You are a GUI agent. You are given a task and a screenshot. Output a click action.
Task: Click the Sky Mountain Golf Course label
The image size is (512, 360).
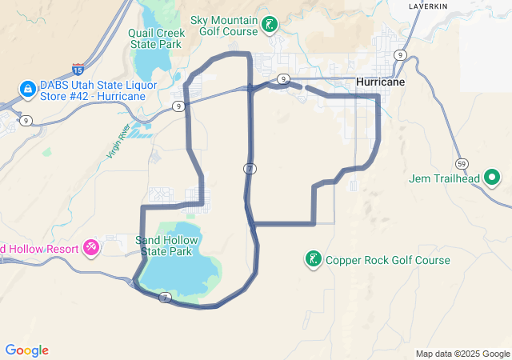click(x=224, y=25)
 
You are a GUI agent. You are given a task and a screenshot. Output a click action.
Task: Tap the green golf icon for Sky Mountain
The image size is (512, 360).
click(x=270, y=25)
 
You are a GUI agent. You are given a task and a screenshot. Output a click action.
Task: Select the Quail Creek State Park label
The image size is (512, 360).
click(x=157, y=38)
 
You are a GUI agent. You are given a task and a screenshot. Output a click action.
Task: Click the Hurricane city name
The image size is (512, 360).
click(x=380, y=82)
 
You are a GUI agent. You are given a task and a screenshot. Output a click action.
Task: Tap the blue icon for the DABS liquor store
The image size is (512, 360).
click(x=26, y=87)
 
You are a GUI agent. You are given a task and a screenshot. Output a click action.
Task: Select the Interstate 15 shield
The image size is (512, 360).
click(x=78, y=70)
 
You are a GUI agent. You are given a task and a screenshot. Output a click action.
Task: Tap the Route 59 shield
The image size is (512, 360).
click(x=461, y=163)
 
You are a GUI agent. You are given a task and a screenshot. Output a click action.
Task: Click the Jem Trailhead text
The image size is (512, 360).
click(x=443, y=178)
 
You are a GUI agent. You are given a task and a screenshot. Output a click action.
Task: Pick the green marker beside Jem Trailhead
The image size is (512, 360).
click(x=491, y=178)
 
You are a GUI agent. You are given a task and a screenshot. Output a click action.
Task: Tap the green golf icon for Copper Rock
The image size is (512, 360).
click(x=313, y=259)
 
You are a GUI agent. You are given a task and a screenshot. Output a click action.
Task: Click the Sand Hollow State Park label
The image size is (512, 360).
click(x=166, y=246)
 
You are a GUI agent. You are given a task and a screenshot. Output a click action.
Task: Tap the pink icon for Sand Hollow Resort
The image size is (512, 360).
click(x=91, y=247)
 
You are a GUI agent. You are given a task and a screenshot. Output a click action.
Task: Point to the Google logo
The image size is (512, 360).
click(x=27, y=350)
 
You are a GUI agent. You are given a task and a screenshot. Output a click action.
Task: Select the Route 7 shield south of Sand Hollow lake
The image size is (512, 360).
click(x=165, y=298)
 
